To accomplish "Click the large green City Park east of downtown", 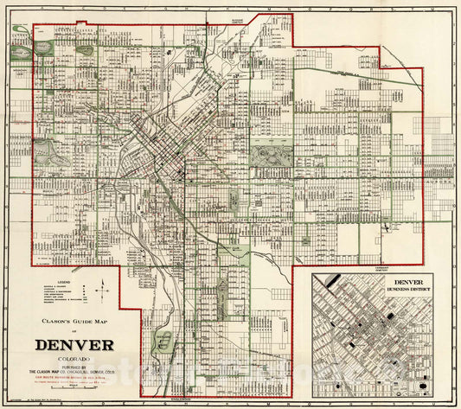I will pyautogui.click(x=271, y=157).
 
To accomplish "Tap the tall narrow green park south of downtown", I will pyautogui.click(x=234, y=201).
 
